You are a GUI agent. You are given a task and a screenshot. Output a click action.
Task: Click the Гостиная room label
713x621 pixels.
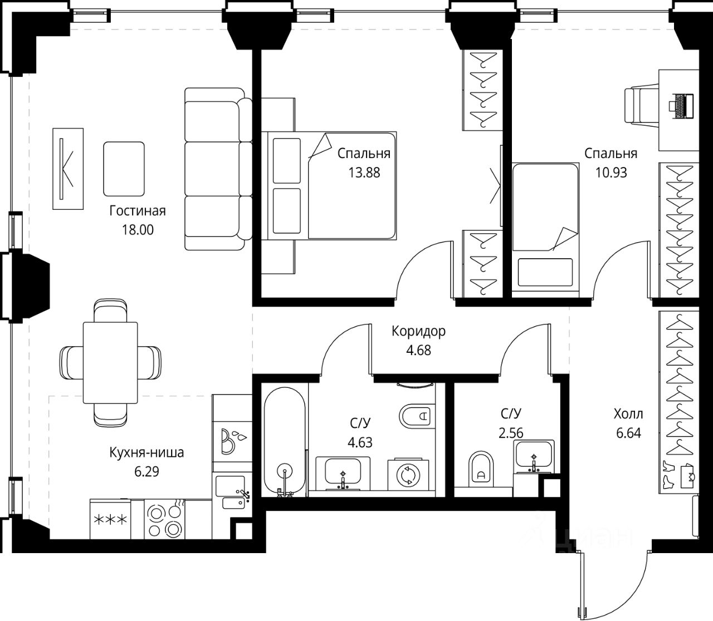tap(137, 210)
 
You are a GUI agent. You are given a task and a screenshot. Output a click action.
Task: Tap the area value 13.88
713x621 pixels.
tap(364, 172)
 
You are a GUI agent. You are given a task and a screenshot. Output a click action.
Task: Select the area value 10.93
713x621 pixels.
tap(611, 172)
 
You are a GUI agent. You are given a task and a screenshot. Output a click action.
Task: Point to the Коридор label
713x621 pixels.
tap(418, 331)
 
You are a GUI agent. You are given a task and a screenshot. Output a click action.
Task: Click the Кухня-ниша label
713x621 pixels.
tap(146, 452)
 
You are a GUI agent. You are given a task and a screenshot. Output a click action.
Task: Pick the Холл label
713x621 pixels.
tap(628, 414)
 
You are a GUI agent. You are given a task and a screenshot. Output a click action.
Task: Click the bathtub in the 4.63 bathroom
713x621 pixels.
tap(285, 441)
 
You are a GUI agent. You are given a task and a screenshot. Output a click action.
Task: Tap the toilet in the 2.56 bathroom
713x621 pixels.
tap(482, 470)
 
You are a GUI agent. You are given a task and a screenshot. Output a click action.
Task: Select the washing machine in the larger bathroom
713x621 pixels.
tap(408, 475)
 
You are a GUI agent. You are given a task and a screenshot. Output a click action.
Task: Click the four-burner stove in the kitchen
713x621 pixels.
tap(164, 519)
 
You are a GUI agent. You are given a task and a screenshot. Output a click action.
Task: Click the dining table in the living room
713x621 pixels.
tap(110, 362)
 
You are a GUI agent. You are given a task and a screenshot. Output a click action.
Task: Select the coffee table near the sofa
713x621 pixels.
tap(124, 169)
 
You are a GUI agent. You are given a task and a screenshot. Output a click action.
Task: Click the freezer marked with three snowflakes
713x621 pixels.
tap(110, 519)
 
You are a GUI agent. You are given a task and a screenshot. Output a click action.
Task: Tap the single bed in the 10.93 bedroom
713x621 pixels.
tap(545, 226)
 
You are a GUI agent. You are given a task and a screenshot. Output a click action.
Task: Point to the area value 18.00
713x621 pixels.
tap(137, 230)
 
